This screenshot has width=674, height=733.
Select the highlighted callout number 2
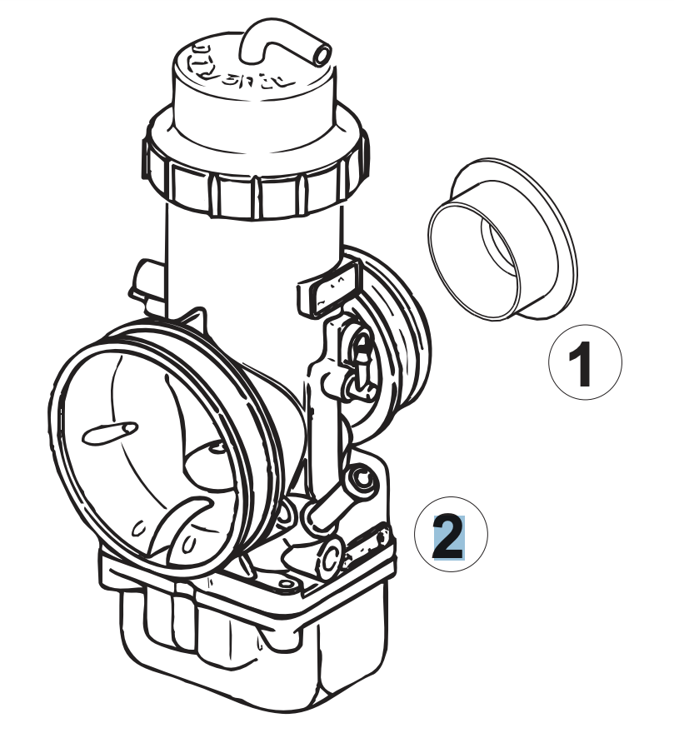coord(447,537)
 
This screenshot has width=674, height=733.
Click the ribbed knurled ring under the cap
coord(254,179)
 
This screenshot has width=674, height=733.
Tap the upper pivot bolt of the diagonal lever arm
coord(362,480)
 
